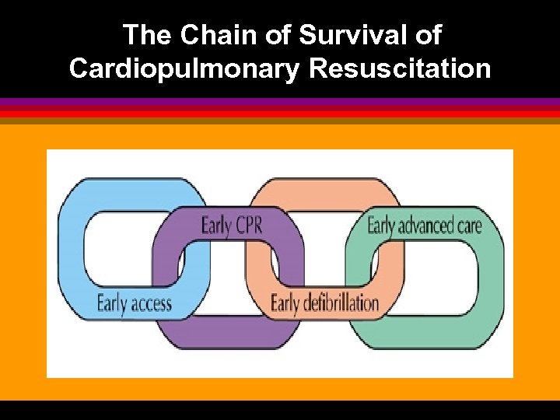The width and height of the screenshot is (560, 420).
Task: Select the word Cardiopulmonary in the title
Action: click(x=184, y=68)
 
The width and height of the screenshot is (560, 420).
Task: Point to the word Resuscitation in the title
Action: click(x=400, y=68)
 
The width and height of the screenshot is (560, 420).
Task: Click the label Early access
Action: click(x=134, y=303)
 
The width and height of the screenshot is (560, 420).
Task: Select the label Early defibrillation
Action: click(x=324, y=303)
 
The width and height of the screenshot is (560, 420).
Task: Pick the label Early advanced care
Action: click(x=424, y=226)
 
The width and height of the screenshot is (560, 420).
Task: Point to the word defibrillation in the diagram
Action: click(x=341, y=303)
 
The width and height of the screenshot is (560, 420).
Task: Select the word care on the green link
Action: click(x=469, y=226)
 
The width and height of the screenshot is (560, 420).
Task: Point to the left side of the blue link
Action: click(x=72, y=249)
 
